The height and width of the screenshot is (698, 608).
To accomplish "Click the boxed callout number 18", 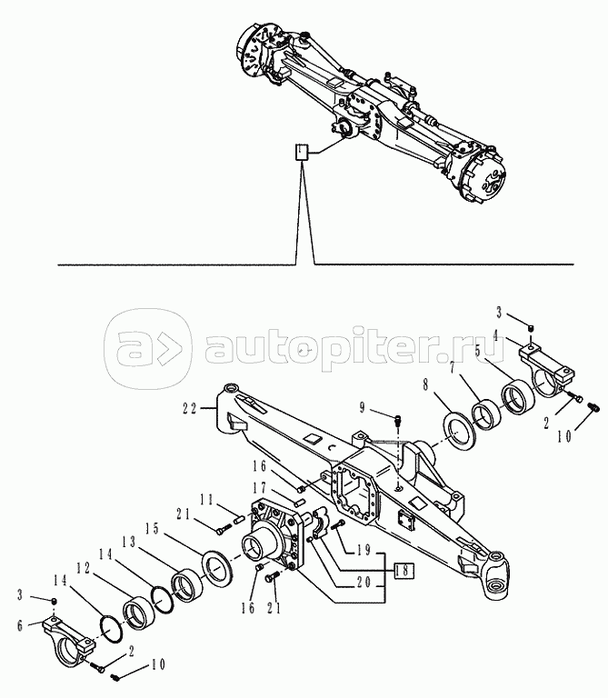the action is coord(402,571).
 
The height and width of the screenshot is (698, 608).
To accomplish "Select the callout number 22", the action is coord(190,408).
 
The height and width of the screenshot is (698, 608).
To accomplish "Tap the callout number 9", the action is coord(362,408).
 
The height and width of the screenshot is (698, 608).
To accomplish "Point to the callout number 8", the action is coord(425,384).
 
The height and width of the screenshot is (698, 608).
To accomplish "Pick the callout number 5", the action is coord(478,352).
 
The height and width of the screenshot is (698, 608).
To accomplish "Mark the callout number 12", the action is coord(84,568).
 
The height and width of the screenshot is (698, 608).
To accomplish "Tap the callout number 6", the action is coord(20,625).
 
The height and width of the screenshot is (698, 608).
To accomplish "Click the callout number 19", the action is coord(364,550).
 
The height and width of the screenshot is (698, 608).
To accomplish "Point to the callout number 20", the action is coord(364,583).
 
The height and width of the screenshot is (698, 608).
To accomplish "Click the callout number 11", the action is coord(206,500).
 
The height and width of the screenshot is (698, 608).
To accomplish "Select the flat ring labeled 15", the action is coord(217,567).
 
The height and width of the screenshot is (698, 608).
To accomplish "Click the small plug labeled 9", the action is coord(398,420).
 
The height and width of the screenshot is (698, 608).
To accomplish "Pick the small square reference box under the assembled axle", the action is coord(302,152).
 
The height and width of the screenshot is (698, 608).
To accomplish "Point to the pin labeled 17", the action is coord(300,503).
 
